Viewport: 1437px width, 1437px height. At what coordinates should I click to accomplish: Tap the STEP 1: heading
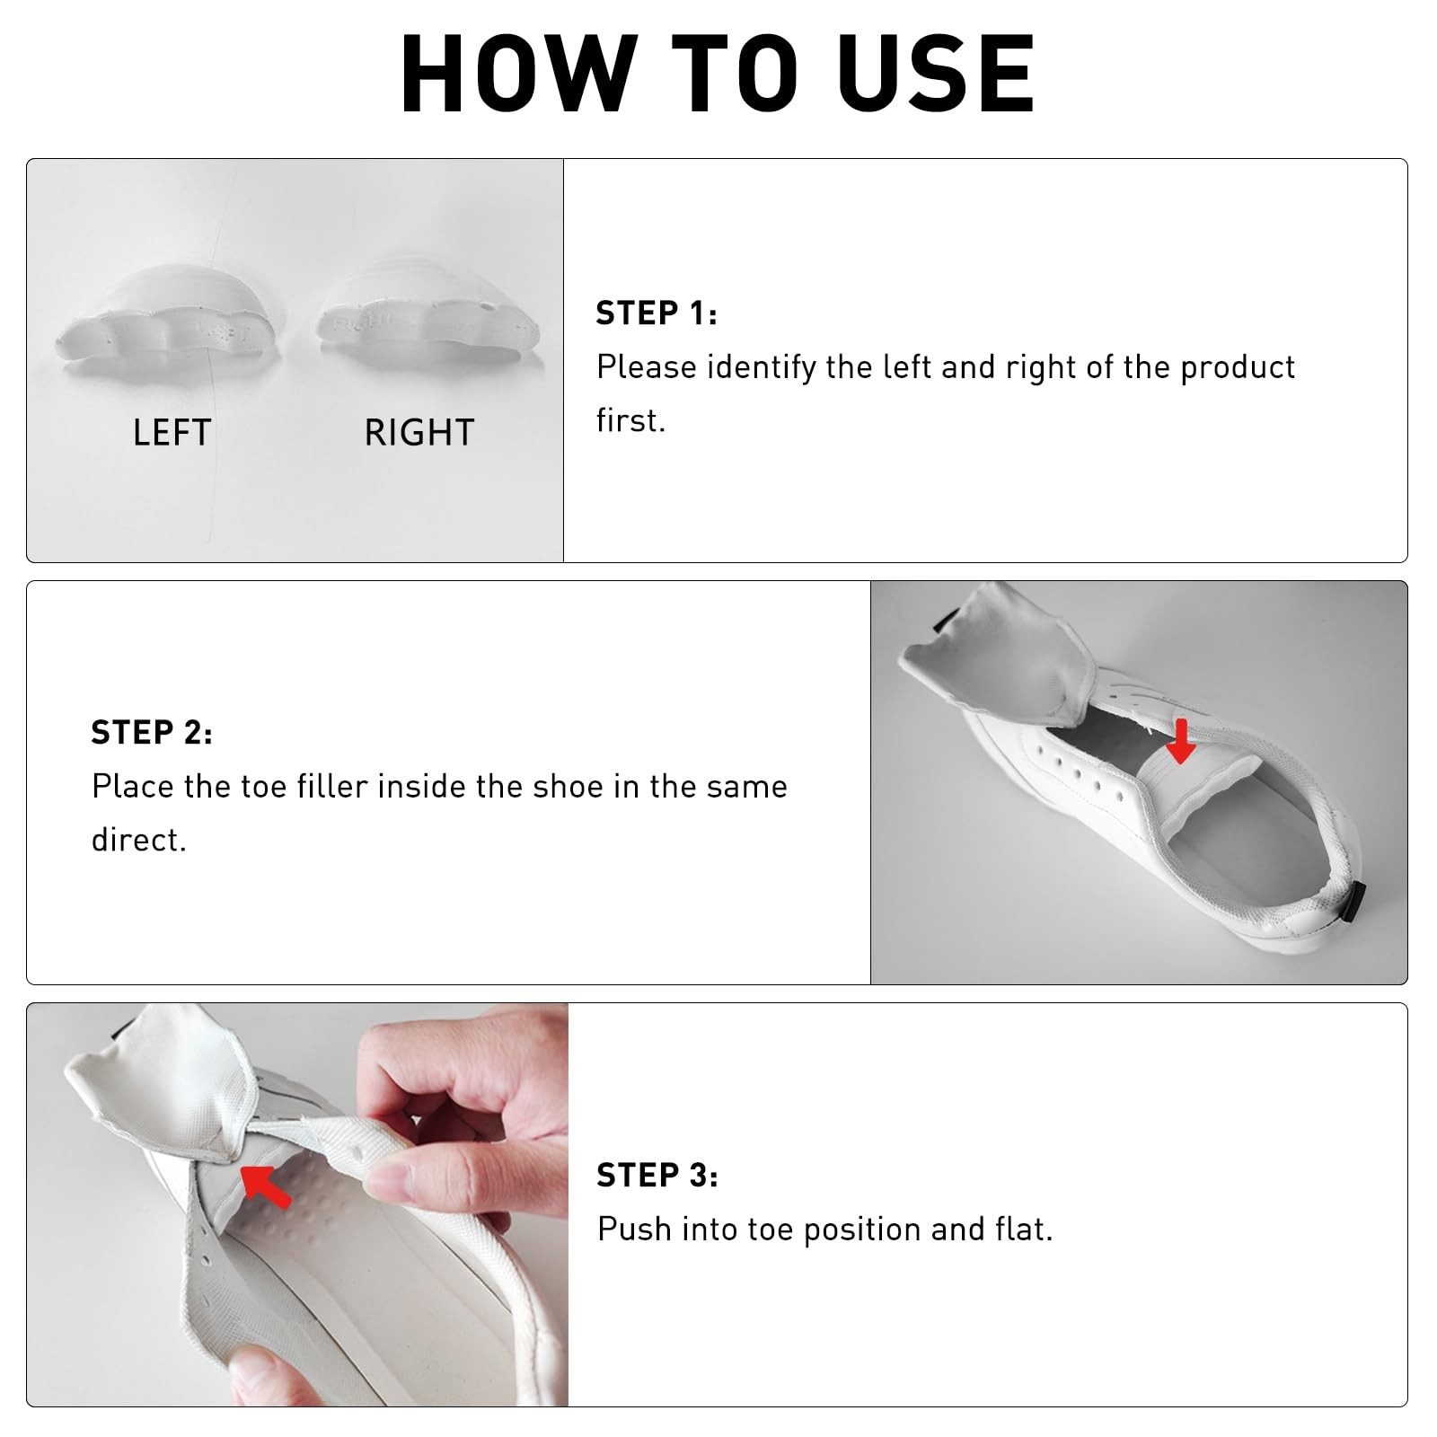click(x=657, y=313)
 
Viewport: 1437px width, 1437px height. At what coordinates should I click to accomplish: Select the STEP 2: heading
click(x=152, y=732)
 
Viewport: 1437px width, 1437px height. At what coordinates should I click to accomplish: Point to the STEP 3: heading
click(x=657, y=1175)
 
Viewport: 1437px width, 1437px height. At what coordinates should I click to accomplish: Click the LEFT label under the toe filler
click(x=172, y=433)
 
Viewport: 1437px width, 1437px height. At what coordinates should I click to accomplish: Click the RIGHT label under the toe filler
click(x=419, y=433)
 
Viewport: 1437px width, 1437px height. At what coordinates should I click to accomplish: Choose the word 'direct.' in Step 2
click(x=138, y=840)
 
